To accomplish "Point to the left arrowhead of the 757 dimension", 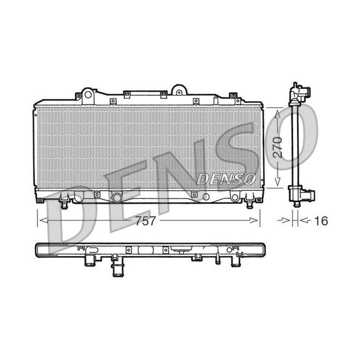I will coord(41,220).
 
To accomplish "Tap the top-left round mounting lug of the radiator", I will coord(87,93).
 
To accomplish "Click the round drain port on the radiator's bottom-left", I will coord(116,196).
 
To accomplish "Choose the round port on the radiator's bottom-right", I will coord(234,197).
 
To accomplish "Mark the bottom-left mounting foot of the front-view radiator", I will coord(64,203).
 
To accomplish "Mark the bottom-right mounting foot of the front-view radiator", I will coord(250,203).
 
